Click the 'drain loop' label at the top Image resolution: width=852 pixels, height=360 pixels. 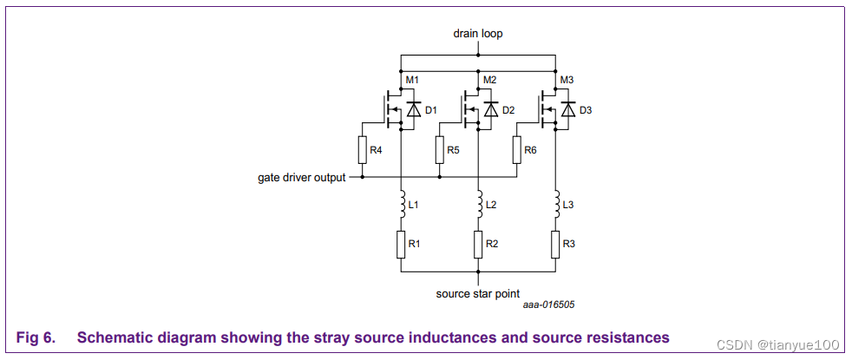[x=477, y=34]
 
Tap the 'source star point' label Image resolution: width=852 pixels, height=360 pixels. [x=478, y=293]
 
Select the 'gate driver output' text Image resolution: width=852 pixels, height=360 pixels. [x=301, y=177]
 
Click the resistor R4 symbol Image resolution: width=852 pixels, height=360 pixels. [x=362, y=151]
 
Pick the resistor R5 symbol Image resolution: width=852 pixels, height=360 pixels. [x=439, y=151]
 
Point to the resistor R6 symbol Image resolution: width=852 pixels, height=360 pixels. [x=516, y=151]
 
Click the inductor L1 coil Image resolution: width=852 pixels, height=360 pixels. [x=401, y=206]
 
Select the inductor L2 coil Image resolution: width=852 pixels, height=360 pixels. [x=478, y=206]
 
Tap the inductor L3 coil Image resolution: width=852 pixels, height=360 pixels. [x=555, y=206]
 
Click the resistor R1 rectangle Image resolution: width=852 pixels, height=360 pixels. [x=401, y=245]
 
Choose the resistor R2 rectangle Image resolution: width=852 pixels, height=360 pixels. [x=478, y=245]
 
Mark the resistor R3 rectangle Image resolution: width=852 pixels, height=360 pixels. [x=555, y=245]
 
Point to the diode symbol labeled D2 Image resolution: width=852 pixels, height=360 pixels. [x=491, y=110]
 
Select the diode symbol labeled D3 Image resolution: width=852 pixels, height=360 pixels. [x=568, y=110]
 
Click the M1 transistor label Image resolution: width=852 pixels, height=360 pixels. [x=413, y=81]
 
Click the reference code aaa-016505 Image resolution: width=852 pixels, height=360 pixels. [x=548, y=305]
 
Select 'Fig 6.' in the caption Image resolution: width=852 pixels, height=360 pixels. [x=35, y=337]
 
